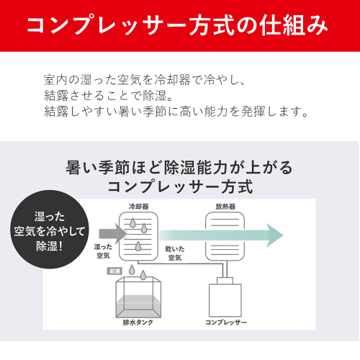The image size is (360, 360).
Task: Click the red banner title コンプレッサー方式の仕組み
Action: coord(177,25)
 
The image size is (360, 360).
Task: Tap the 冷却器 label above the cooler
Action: coord(139,207)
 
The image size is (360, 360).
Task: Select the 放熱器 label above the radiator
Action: coord(225,207)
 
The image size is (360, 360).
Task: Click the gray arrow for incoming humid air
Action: coord(112,233)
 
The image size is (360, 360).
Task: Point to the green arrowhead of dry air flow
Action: coord(275,235)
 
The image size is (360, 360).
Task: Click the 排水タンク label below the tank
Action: coord(138,323)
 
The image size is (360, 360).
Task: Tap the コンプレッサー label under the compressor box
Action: coord(226,323)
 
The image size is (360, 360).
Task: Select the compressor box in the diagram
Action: coord(225,300)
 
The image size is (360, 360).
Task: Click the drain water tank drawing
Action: coord(138,297)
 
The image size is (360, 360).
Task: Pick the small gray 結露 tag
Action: coord(114,271)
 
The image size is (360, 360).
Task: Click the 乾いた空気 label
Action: coord(175,253)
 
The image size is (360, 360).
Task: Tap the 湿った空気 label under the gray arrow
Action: coord(103,251)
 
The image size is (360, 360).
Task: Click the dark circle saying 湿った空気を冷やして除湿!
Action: coord(49,230)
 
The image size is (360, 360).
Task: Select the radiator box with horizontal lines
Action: coord(225,236)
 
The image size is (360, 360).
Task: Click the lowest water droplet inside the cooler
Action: coord(138,246)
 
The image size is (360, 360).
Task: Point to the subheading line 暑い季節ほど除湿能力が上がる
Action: coord(179,167)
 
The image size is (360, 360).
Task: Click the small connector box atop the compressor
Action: coord(225,281)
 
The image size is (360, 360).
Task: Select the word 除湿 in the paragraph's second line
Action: coord(155,96)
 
